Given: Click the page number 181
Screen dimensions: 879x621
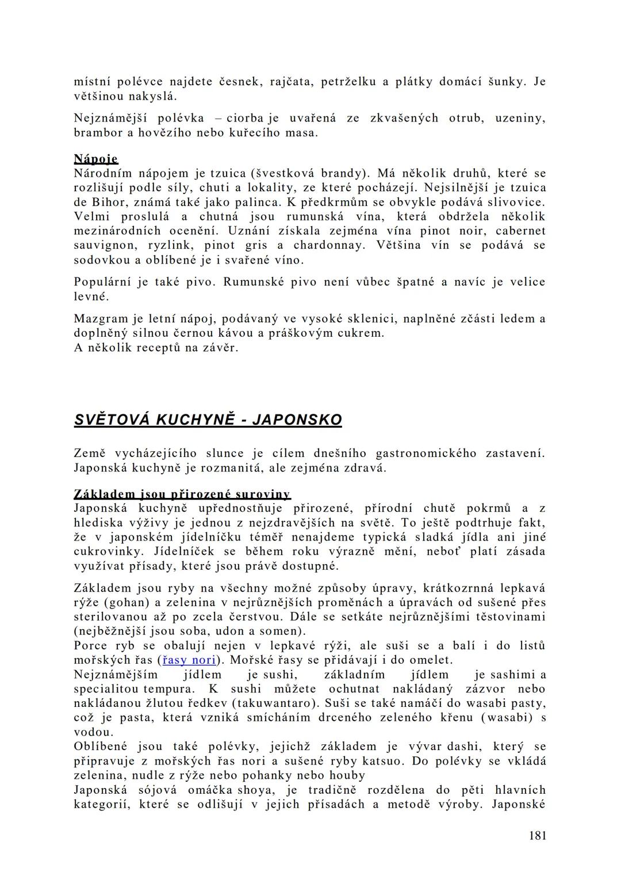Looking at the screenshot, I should [538, 835].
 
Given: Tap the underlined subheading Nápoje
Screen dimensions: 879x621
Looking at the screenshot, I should [96, 159].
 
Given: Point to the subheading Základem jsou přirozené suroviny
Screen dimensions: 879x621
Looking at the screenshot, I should [182, 494].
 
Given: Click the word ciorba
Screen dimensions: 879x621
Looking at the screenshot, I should [247, 118].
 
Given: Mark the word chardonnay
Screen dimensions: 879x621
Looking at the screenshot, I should [328, 245].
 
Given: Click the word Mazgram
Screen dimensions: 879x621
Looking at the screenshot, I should [97, 318].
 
